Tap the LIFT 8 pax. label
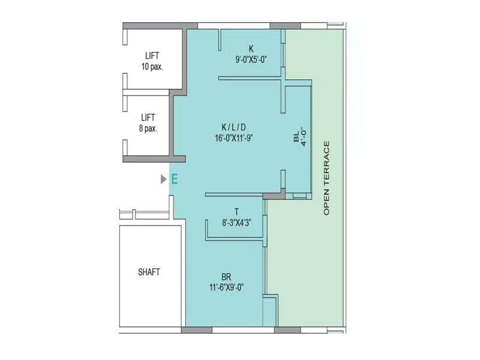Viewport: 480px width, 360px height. [148, 122]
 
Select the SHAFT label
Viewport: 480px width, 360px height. [149, 272]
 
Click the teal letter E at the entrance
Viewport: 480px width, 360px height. [175, 179]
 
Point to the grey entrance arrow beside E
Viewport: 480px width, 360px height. [163, 179]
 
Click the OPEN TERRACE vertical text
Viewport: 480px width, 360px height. [326, 178]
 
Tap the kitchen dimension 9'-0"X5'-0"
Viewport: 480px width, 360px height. [251, 59]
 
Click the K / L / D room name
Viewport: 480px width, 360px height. [234, 127]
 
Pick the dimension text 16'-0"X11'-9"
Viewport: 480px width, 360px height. [235, 137]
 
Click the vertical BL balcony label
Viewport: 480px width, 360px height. [296, 139]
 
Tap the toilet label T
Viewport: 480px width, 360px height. [236, 212]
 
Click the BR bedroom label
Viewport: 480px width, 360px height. [226, 277]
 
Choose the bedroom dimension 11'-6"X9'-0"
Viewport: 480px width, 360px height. [226, 287]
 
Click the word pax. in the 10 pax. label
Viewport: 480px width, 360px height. [157, 66]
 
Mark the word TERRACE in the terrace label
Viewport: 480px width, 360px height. [326, 165]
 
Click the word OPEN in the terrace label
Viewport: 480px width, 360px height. [326, 204]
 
